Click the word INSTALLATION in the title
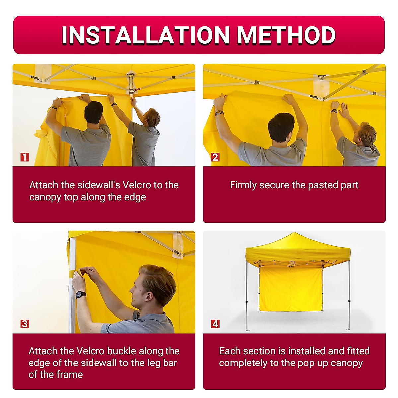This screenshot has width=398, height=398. click(x=146, y=35)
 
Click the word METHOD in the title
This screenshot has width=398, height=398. click(x=287, y=35)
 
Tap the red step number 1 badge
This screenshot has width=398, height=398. click(x=25, y=157)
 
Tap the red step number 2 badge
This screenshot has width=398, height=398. click(x=215, y=157)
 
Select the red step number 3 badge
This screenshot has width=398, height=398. click(x=25, y=324)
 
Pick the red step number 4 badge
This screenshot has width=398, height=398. click(x=215, y=324)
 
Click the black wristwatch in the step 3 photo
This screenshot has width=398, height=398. click(x=81, y=294)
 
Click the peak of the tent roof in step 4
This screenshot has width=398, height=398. click(x=294, y=233)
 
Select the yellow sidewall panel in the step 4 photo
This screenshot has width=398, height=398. click(x=291, y=289)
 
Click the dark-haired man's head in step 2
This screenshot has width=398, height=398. click(x=281, y=127)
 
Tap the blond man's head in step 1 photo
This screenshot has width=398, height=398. click(x=152, y=117)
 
